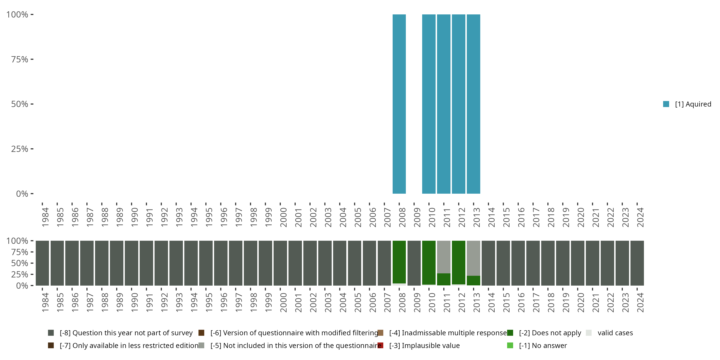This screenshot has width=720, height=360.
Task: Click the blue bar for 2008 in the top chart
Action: coord(399,104)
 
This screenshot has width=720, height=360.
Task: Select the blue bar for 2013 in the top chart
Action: coord(473,104)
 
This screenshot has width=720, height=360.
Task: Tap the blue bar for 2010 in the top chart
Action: coord(429,104)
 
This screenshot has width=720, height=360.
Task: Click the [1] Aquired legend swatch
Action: coord(666,104)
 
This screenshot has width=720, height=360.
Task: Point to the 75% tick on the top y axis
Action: coord(32,59)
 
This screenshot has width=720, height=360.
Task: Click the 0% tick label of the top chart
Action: coord(22,194)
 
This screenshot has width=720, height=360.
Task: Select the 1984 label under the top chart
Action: coord(45,217)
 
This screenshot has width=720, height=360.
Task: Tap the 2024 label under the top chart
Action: coord(640,217)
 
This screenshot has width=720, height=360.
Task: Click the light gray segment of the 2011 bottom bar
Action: coord(444,257)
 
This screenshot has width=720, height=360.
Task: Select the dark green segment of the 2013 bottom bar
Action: coord(473,280)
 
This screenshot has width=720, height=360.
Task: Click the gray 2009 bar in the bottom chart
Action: coord(414,263)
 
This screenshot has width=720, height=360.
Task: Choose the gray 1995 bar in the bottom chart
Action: coord(206,263)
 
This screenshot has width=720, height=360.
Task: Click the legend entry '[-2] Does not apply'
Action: coord(550,333)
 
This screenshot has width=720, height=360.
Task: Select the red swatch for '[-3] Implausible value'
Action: coord(380,345)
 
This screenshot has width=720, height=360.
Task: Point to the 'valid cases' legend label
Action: coord(615,333)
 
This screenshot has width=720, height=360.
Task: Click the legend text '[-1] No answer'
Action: coord(543,345)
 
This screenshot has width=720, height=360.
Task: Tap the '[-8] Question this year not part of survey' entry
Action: coord(126,333)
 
